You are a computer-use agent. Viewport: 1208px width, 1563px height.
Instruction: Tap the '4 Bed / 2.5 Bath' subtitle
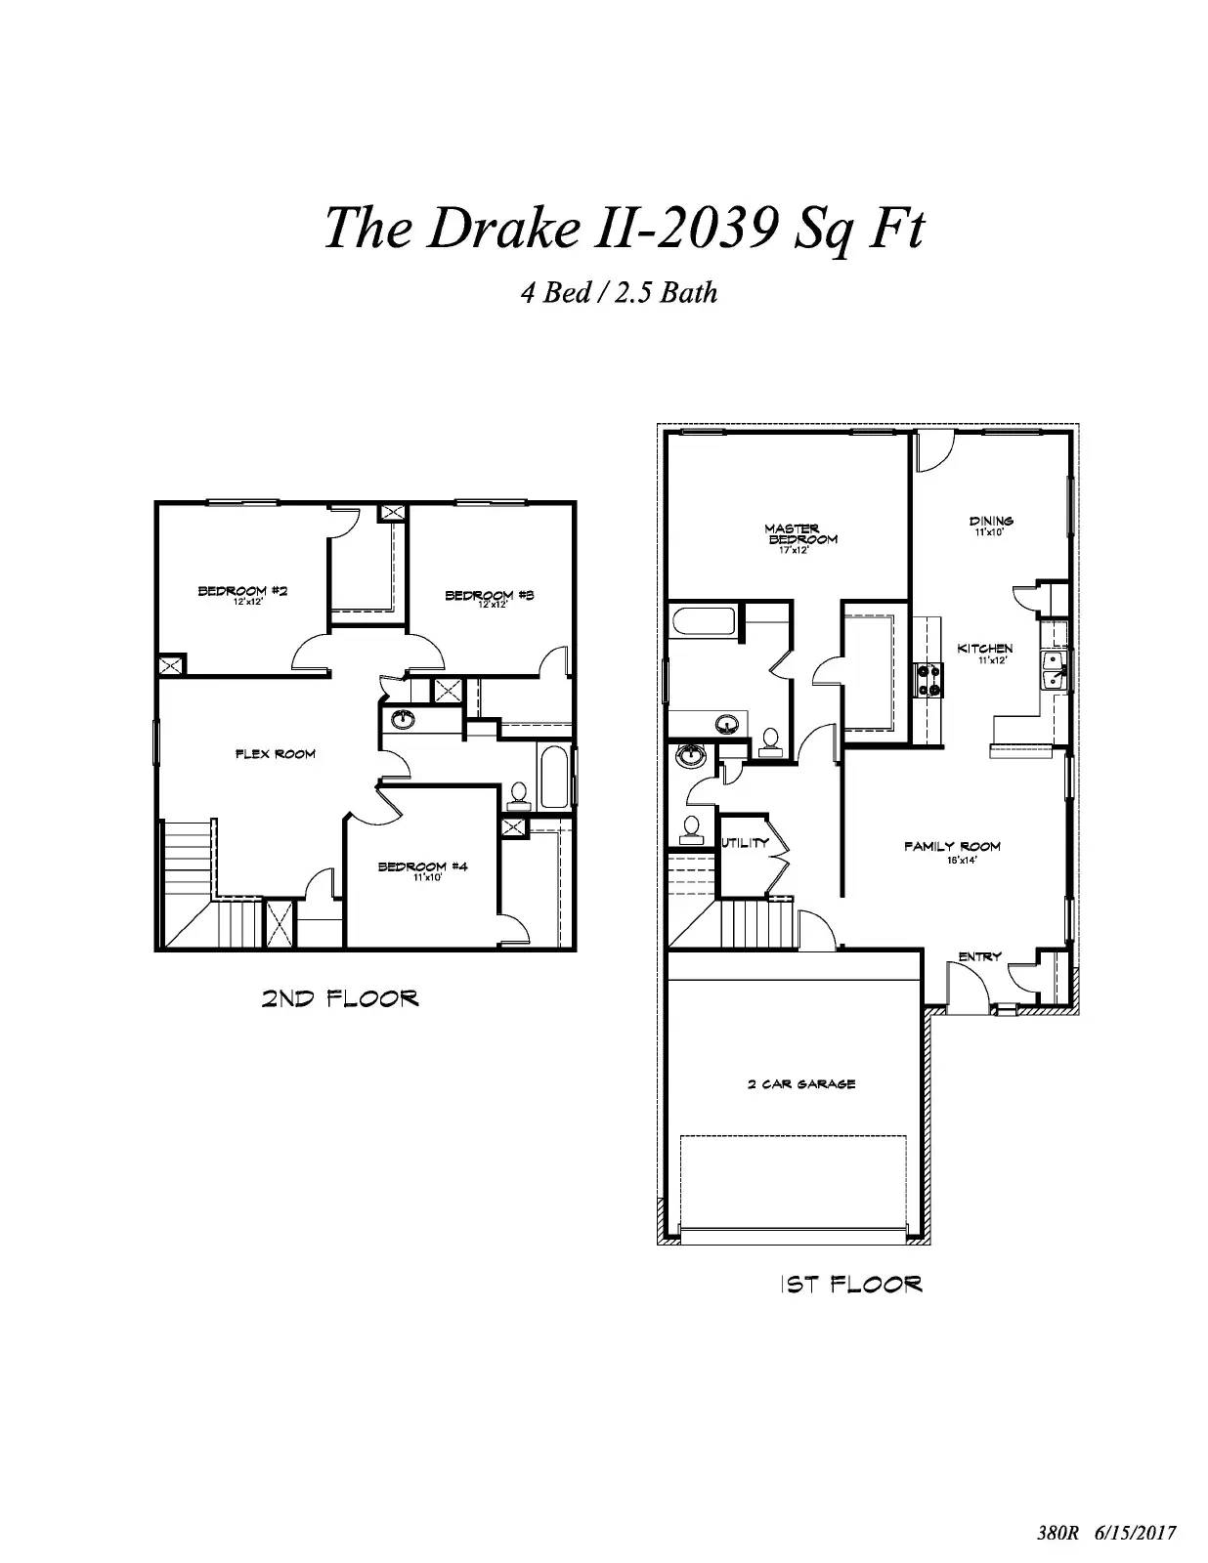click(619, 292)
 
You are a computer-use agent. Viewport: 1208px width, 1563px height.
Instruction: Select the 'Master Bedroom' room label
click(799, 534)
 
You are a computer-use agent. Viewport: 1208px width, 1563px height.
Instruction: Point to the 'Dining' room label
click(991, 522)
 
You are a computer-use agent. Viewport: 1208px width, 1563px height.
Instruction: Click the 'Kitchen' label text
click(984, 649)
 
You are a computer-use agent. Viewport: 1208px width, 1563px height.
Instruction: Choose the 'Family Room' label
click(952, 847)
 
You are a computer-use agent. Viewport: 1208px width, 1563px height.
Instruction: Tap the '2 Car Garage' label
click(801, 1083)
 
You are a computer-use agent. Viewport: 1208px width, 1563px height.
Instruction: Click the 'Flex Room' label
click(276, 754)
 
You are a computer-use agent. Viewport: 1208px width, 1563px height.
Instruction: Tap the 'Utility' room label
click(745, 843)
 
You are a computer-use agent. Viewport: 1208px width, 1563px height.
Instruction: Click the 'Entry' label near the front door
click(979, 956)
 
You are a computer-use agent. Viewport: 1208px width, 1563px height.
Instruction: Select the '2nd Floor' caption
click(339, 998)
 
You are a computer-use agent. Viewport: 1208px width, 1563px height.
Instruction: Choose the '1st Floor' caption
click(850, 1284)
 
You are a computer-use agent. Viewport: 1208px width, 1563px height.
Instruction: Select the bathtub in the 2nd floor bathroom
click(554, 778)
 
